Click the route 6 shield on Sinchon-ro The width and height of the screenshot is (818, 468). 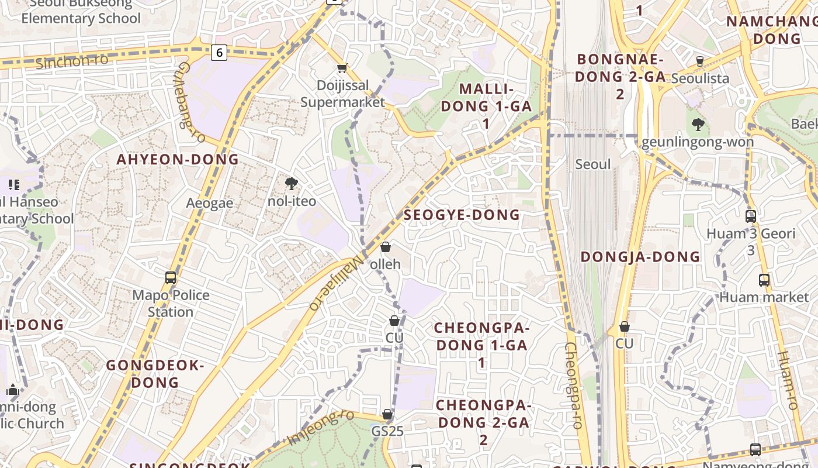[x=219, y=53]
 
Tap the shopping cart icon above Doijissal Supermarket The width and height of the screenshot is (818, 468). [x=342, y=68]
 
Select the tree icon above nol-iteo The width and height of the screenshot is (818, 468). [x=291, y=184]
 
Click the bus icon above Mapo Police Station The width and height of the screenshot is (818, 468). [x=171, y=278]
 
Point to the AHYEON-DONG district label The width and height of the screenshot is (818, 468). [x=178, y=159]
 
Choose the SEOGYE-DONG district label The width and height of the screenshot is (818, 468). [x=462, y=215]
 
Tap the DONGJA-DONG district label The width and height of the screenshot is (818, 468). [x=640, y=257]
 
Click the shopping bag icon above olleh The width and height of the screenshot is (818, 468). [x=386, y=247]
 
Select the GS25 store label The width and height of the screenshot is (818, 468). [x=387, y=431]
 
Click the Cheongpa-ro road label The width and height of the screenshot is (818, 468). [x=572, y=386]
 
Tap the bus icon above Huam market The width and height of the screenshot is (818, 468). [x=764, y=280]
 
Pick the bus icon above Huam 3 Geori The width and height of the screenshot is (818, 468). [x=751, y=216]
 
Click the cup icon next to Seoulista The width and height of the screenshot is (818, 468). [x=700, y=61]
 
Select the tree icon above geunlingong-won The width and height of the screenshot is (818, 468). [x=698, y=124]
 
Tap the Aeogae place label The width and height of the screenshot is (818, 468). [x=210, y=203]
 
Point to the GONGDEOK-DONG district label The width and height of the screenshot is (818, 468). [x=155, y=374]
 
